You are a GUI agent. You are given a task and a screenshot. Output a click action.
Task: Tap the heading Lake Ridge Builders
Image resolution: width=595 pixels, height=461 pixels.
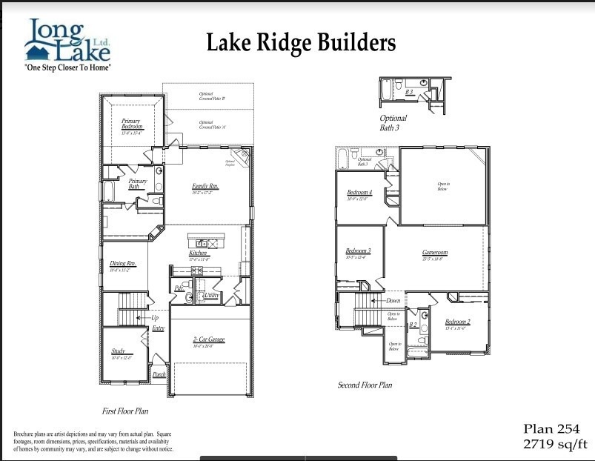point(300,43)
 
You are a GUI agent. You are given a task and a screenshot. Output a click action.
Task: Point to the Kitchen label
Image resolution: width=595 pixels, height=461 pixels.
point(198,253)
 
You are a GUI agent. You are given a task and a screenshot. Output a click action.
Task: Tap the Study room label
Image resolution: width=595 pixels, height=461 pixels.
point(119,351)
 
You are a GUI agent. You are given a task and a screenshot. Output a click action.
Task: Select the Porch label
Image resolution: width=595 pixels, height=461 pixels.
point(159,375)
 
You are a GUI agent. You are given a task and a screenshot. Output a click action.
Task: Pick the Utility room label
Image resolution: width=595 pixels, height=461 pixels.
point(211,296)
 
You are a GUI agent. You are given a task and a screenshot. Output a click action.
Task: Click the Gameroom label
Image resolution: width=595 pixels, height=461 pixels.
point(435,253)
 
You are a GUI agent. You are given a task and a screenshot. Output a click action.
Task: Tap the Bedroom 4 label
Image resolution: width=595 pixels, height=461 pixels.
point(359,193)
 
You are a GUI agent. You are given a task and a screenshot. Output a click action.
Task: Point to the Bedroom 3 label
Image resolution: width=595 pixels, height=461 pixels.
point(358,251)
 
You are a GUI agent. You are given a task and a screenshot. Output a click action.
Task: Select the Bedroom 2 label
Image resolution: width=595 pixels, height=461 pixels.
point(457,322)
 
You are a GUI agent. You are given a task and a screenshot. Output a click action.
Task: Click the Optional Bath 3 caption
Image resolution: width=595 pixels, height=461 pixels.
point(393,123)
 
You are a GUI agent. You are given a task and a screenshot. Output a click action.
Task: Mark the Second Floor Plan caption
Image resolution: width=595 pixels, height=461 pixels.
point(365,385)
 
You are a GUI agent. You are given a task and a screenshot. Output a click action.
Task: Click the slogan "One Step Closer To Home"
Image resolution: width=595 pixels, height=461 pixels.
point(67,67)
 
